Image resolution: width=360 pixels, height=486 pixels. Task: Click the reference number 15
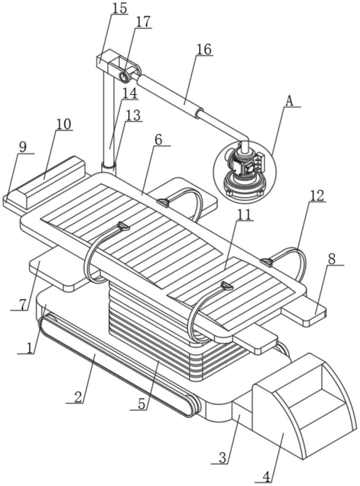(120, 8)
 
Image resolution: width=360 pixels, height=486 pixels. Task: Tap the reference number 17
(143, 22)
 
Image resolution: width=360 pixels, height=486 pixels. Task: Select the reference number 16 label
(204, 49)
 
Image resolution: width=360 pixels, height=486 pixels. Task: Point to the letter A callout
(289, 101)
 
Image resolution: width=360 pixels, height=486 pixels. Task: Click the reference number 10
(64, 124)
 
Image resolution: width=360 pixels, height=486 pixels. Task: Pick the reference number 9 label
(23, 147)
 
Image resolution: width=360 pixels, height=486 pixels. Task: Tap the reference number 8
(332, 259)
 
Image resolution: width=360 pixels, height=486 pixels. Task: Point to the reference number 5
(142, 404)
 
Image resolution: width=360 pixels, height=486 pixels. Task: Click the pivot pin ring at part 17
(125, 76)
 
